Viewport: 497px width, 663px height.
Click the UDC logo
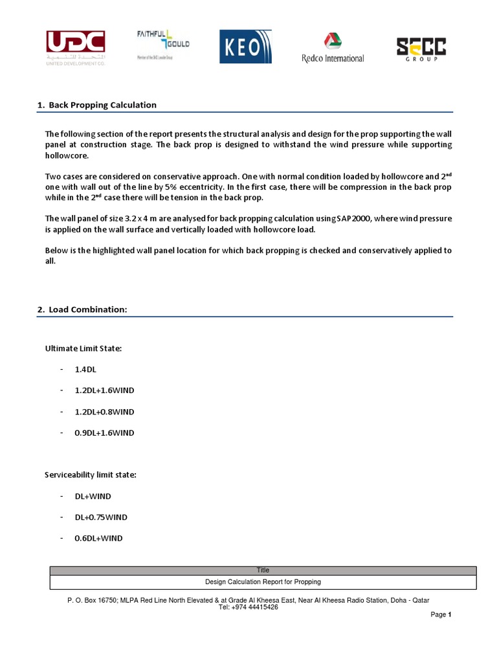75,47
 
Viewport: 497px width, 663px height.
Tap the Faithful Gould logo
162,45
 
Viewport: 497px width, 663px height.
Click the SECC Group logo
421,49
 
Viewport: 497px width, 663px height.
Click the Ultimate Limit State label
83,348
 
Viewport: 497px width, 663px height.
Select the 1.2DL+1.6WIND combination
104,390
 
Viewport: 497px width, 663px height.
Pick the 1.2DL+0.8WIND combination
104,412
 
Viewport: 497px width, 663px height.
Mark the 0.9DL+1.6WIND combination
104,433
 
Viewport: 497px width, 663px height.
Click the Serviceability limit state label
91,475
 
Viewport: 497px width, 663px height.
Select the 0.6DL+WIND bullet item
98,538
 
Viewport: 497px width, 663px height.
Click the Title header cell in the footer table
263,570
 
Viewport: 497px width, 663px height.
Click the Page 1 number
441,614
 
